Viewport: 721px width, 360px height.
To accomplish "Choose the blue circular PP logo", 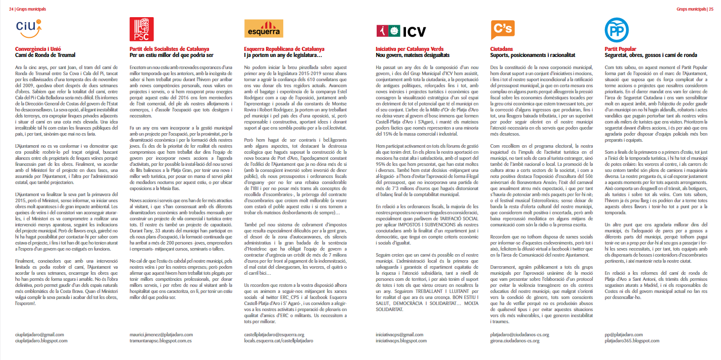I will (616, 30).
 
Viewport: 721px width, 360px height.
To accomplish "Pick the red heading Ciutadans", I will (503, 49).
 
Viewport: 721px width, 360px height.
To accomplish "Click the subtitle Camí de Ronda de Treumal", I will (45, 54).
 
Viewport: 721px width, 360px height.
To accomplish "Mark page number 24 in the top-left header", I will (11, 9).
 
